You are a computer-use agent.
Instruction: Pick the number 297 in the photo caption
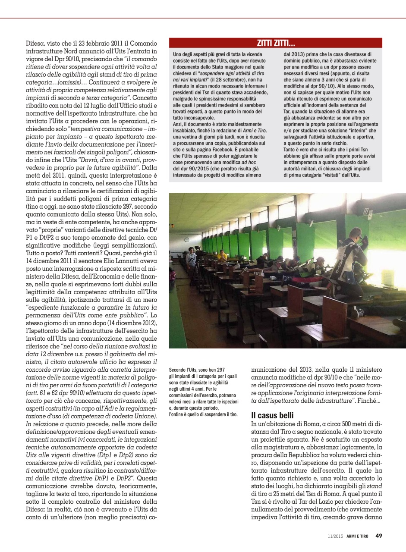click(219, 370)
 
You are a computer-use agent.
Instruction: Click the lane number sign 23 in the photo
click(366, 211)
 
